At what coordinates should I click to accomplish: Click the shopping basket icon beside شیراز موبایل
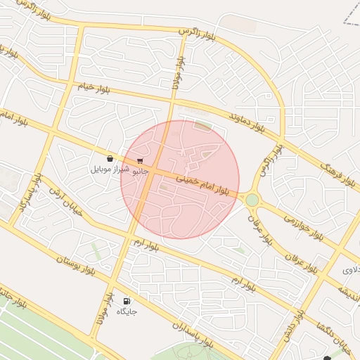(110, 159)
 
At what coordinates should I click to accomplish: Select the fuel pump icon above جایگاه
(127, 301)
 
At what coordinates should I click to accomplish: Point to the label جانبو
(141, 169)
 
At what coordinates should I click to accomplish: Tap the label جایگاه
(127, 311)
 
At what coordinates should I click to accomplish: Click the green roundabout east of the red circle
(252, 200)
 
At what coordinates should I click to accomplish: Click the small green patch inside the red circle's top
(203, 126)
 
